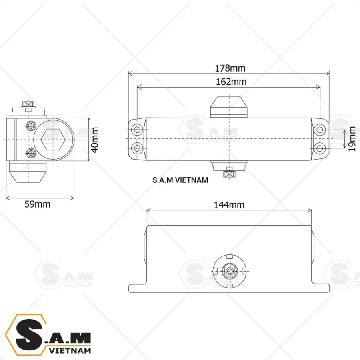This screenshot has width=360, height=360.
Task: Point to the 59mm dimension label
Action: pyautogui.click(x=38, y=204)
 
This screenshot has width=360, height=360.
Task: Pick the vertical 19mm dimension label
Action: pyautogui.click(x=352, y=139)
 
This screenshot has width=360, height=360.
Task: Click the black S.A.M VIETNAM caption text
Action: pyautogui.click(x=180, y=180)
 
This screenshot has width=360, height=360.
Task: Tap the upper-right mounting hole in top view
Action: pyautogui.click(x=319, y=130)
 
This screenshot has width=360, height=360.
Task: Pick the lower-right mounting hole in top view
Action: pyautogui.click(x=319, y=148)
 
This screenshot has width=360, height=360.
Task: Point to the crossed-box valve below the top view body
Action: pyautogui.click(x=229, y=173)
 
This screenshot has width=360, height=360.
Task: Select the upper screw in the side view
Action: pyautogui.click(x=30, y=126)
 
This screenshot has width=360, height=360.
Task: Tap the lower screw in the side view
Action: pyautogui.click(x=30, y=152)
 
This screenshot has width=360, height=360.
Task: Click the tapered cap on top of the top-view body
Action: pyautogui.click(x=229, y=106)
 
